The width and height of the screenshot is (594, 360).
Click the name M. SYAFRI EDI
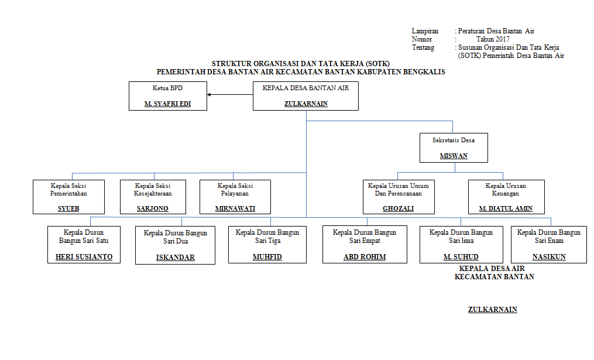point(167,104)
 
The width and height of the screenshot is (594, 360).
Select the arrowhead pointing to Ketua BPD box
point(209,95)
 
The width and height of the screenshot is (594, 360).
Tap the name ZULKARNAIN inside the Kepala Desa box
point(306,104)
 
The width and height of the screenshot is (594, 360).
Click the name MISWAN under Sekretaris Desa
point(454,156)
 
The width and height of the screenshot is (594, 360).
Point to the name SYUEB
point(68,208)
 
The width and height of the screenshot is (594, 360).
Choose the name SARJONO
point(153,208)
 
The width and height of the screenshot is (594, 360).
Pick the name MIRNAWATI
point(235,208)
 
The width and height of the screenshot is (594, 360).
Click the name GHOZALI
point(398,208)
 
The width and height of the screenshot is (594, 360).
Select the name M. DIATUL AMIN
point(506,208)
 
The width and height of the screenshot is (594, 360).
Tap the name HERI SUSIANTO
point(84,257)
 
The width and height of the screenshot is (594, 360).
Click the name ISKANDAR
point(176,258)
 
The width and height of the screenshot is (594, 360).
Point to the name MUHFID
point(267,257)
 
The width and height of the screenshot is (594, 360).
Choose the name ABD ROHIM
point(365,257)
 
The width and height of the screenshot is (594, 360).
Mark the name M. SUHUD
point(461,257)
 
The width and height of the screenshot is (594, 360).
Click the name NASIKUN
point(549,257)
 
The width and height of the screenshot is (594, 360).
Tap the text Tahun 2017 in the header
point(493,39)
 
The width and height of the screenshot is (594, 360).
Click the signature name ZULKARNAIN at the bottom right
point(493,310)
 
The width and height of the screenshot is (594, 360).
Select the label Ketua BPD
point(167,88)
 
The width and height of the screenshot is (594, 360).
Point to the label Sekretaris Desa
point(454,140)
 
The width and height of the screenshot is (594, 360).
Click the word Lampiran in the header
point(425,31)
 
